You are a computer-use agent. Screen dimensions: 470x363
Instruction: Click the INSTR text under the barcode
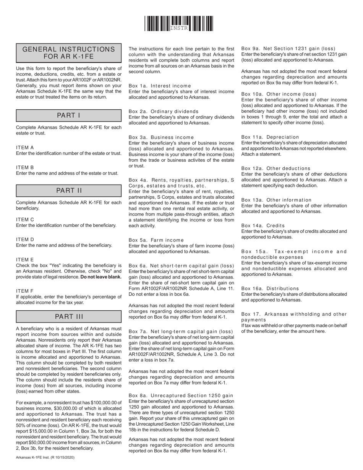point(179,28)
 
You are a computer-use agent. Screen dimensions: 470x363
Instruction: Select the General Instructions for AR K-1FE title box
point(69,53)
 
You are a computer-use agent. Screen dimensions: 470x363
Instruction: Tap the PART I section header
point(69,115)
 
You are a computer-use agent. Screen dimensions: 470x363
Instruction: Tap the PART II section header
point(69,191)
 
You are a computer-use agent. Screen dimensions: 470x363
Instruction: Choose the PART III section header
point(69,316)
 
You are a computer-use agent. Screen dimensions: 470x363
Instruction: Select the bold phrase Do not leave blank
point(101,277)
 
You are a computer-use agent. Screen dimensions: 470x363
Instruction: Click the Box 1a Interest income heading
point(160,86)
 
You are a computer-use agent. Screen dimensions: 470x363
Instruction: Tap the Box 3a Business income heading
point(161,137)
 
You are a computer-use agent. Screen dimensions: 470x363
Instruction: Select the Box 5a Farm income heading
point(156,240)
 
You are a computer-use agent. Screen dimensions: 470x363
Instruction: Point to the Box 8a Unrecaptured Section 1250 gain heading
point(181,395)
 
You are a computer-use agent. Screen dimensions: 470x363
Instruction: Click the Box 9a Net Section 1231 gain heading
point(288,49)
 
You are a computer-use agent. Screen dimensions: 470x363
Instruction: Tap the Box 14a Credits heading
point(263,225)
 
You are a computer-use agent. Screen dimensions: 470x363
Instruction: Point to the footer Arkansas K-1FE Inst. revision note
point(45,457)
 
